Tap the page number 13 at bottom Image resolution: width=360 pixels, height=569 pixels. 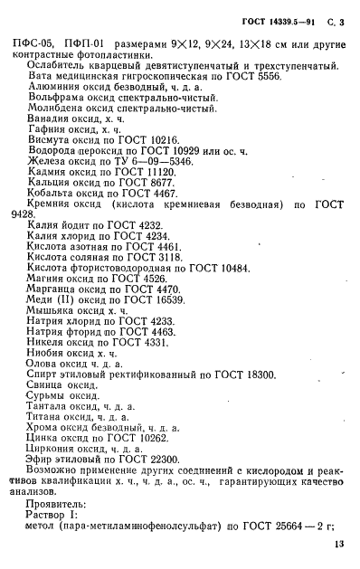(x=338, y=543)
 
